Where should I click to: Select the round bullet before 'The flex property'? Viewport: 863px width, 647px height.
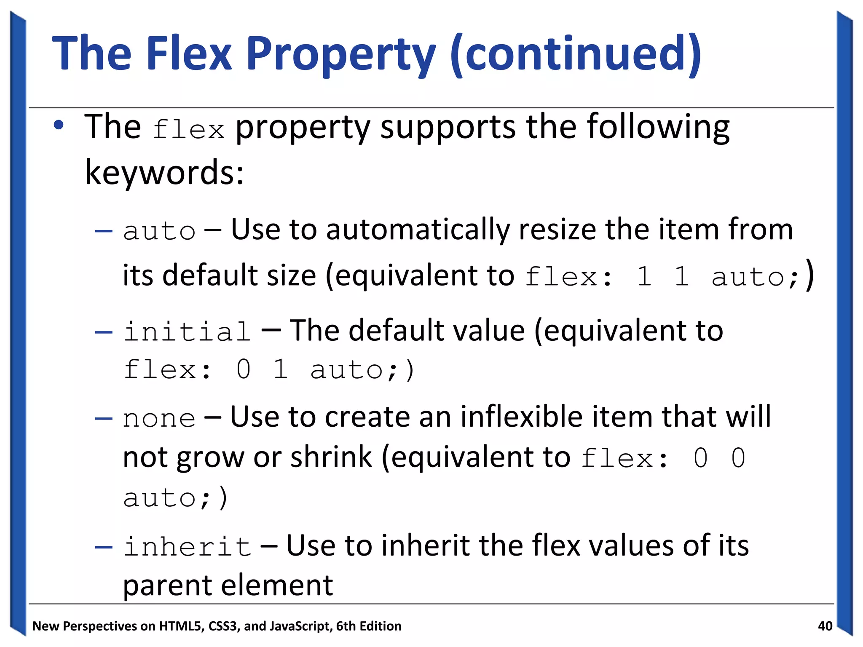tap(59, 125)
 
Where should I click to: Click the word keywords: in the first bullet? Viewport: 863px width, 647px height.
tap(164, 173)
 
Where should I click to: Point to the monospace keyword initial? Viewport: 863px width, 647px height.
tap(187, 332)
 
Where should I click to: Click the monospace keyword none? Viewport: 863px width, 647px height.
tap(159, 419)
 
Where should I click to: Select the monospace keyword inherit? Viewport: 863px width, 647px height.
tap(187, 546)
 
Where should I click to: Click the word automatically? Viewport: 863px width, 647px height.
tap(417, 230)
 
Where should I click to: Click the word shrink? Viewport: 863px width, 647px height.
tap(331, 457)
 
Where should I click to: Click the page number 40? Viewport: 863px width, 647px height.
tap(825, 626)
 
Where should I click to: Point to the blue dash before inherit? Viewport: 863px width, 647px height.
tap(104, 547)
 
